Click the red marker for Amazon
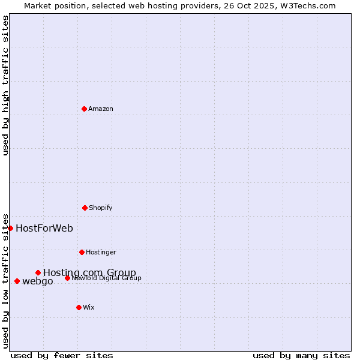pyautogui.click(x=84, y=109)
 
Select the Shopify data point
pyautogui.click(x=85, y=208)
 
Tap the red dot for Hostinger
pyautogui.click(x=82, y=252)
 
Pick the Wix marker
pyautogui.click(x=79, y=307)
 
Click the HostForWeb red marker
pyautogui.click(x=10, y=228)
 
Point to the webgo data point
pyautogui.click(x=17, y=281)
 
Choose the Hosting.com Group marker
pyautogui.click(x=38, y=272)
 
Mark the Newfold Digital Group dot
pyautogui.click(x=67, y=278)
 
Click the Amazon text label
pyautogui.click(x=101, y=109)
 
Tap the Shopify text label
pyautogui.click(x=101, y=208)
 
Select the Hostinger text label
pyautogui.click(x=101, y=252)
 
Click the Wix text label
pyautogui.click(x=89, y=307)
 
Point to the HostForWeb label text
pyautogui.click(x=44, y=228)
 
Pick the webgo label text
pyautogui.click(x=38, y=281)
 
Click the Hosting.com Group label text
pyautogui.click(x=89, y=272)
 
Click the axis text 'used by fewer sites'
pyautogui.click(x=62, y=355)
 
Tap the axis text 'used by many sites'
pyautogui.click(x=301, y=355)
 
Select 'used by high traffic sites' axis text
pyautogui.click(x=5, y=86)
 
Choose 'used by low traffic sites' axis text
pyautogui.click(x=5, y=280)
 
